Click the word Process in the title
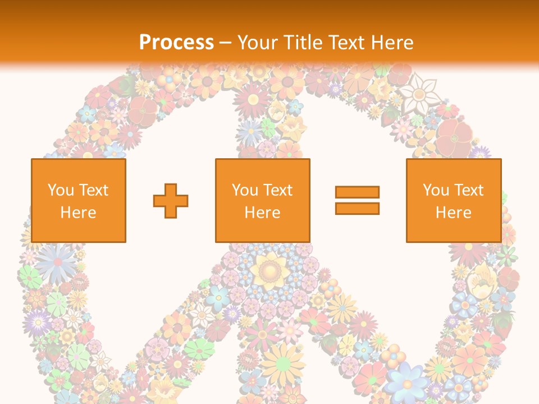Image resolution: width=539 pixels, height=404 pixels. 176,42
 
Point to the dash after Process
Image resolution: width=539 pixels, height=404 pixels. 225,43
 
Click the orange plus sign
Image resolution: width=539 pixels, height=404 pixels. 171,201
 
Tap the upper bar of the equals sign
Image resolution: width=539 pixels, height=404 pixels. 357,192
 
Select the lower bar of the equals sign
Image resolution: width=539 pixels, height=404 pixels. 357,208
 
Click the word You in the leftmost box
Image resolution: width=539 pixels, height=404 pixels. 60,190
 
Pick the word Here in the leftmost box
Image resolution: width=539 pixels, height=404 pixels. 78,213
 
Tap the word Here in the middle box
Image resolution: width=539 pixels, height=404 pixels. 262,213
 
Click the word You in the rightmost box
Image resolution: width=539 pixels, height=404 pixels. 435,190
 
